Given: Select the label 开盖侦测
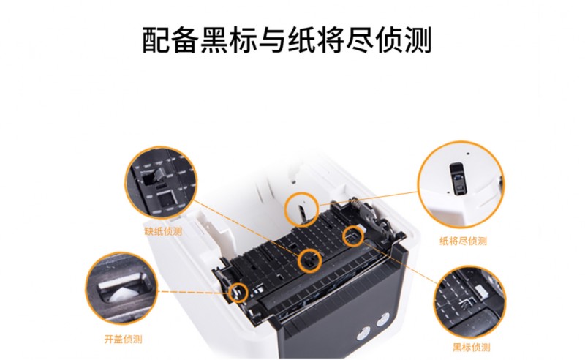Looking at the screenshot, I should pos(123,340).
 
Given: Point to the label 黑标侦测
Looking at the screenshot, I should pos(472,346).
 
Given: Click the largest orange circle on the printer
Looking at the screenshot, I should pos(301,208).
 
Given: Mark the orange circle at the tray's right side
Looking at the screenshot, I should pos(354,236).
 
